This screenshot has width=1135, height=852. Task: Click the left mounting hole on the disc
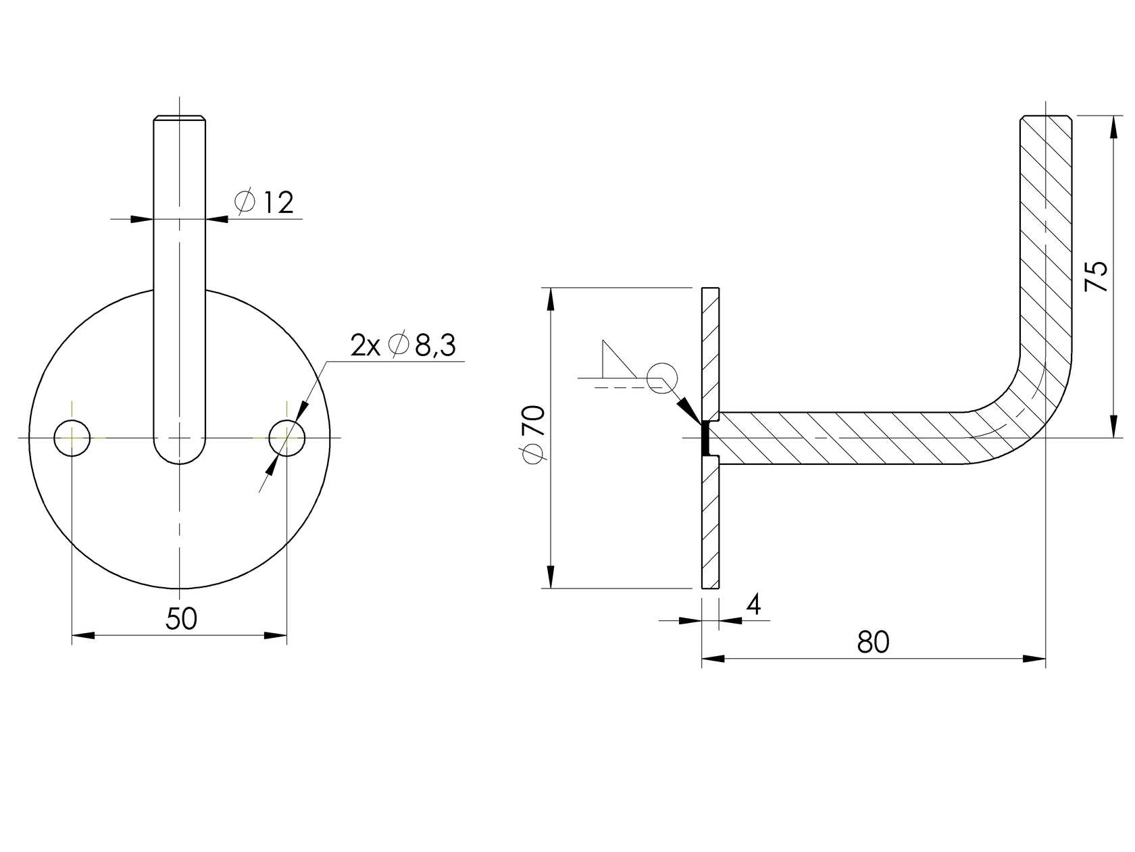coord(72,438)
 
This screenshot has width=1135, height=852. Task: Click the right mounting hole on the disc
coord(286,438)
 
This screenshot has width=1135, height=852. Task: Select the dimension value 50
coord(181,619)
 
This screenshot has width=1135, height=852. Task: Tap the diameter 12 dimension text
coord(265,202)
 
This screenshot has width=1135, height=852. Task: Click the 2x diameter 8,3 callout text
coord(403,346)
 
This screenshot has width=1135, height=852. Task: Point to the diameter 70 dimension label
coord(534,434)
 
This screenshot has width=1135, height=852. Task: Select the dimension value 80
coord(873,643)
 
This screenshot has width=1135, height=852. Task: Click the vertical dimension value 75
coord(1096,276)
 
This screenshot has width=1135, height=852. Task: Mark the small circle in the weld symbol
coord(661,378)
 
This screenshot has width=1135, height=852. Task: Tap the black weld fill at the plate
coord(705,438)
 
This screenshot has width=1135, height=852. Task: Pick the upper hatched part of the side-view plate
coord(711,351)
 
